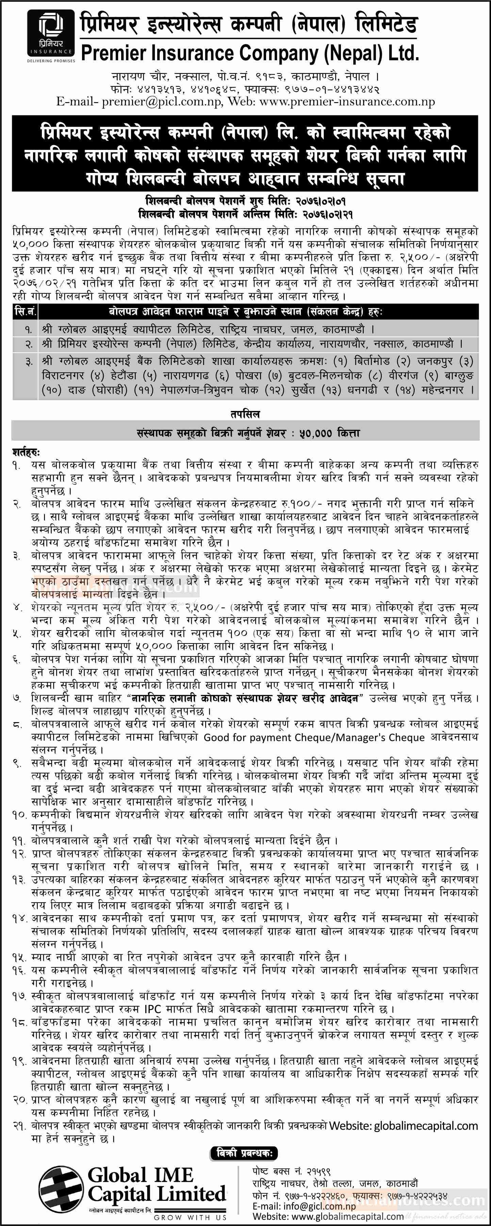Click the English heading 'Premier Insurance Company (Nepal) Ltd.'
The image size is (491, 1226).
click(x=250, y=53)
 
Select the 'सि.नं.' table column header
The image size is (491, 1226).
click(x=25, y=312)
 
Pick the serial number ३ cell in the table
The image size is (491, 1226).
click(x=29, y=362)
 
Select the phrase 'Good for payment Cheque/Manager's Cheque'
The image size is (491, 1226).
click(x=314, y=737)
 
